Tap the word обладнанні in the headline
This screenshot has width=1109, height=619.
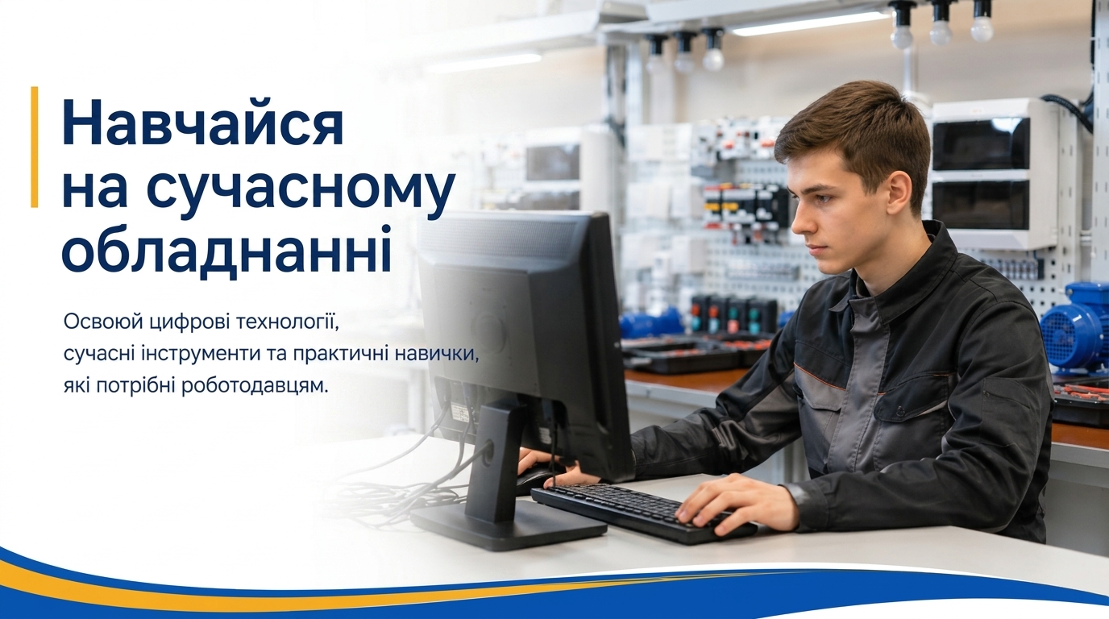[x=226, y=251]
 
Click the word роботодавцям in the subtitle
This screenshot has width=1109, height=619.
[x=255, y=386]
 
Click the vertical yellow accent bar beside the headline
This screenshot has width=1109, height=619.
[x=34, y=147]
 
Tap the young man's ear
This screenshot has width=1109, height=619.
[x=899, y=196]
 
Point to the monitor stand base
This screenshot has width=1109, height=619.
[x=508, y=524]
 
